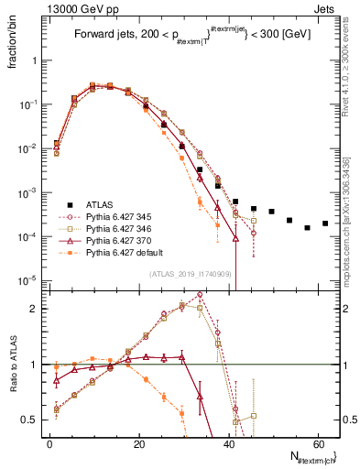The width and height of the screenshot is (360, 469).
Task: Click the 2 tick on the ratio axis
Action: click(34, 309)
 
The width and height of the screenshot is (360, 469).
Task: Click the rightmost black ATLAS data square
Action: click(325, 224)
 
